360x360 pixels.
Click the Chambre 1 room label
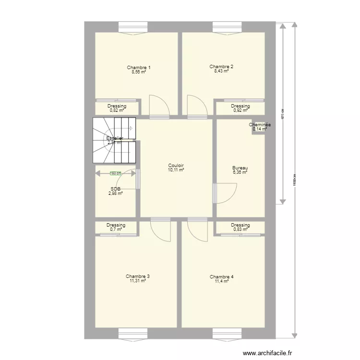[x=139, y=67]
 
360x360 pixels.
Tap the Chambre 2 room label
[x=221, y=67]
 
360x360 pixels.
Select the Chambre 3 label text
[x=138, y=276]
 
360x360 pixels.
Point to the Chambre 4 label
[x=222, y=277]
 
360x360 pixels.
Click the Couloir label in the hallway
[x=176, y=165]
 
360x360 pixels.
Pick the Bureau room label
[x=240, y=168]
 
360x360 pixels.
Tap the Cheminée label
[x=260, y=125]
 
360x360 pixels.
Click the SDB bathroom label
[x=115, y=189]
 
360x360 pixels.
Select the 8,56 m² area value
[x=139, y=72]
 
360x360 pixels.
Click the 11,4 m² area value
[x=222, y=281]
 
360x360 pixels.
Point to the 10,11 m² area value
[x=176, y=170]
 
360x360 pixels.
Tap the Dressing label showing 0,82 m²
[x=117, y=107]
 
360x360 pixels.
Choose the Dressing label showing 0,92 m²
[x=240, y=107]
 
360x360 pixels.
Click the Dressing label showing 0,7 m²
[x=116, y=225]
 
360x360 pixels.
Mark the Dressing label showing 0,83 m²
[x=240, y=225]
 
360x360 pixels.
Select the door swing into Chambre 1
[x=158, y=107]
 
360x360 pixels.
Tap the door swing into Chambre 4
[x=197, y=230]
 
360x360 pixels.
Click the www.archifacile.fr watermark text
[x=267, y=353]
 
